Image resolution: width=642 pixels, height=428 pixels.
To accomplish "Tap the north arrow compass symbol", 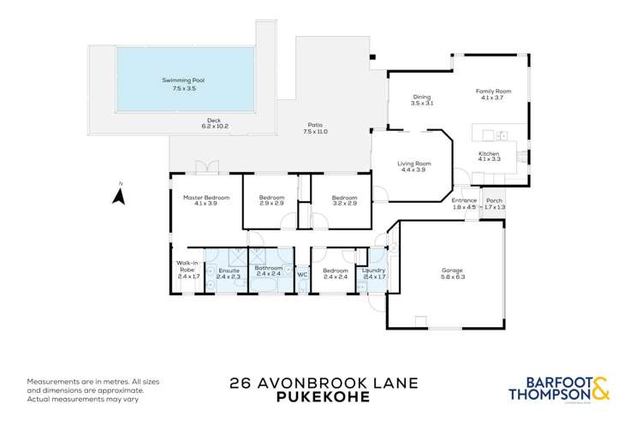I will pos(121,196).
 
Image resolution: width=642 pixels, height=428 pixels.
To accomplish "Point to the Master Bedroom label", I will pos(205,198).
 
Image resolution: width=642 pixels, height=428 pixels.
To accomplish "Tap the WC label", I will pos(301,274).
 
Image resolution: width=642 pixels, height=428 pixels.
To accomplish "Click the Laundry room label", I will pos(374,270).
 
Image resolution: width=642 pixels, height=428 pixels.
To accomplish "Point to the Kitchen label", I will pos(488,154).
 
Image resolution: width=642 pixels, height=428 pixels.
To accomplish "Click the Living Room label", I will pos(413,163).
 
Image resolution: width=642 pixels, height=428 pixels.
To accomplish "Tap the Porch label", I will pos(495,200).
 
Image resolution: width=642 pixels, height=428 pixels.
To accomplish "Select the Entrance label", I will pos(463,200).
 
